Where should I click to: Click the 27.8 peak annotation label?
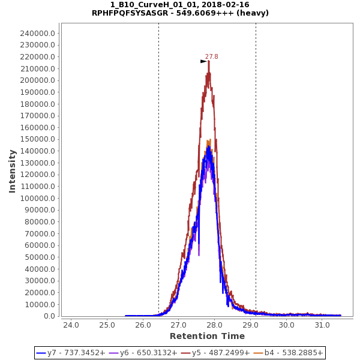pos(212,57)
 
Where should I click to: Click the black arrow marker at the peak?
pos(203,61)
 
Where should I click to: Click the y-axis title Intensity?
pos(12,171)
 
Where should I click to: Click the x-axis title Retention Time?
pos(207,336)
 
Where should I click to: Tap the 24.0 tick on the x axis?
pos(71,325)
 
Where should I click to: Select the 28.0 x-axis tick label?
pos(215,325)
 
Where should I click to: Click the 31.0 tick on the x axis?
pos(323,325)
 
